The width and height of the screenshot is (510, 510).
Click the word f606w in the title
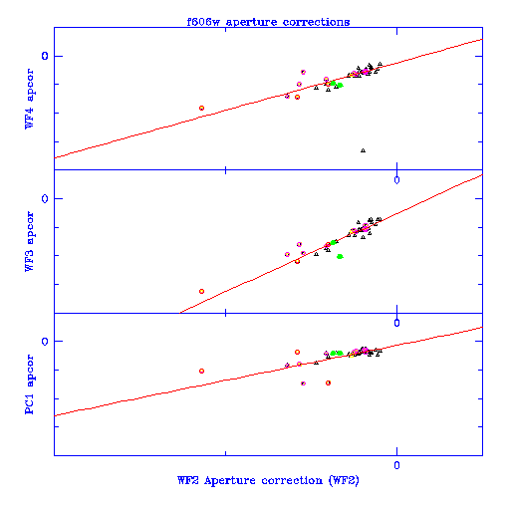pyautogui.click(x=203, y=22)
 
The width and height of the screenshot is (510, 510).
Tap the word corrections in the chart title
pyautogui.click(x=316, y=22)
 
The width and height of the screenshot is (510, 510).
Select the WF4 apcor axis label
pyautogui.click(x=29, y=99)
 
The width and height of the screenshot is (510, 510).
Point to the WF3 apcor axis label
pyautogui.click(x=29, y=241)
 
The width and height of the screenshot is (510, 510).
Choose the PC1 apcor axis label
pyautogui.click(x=29, y=384)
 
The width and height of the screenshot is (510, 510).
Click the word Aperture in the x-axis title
pyautogui.click(x=230, y=481)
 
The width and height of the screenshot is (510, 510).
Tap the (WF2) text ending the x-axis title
pyautogui.click(x=344, y=481)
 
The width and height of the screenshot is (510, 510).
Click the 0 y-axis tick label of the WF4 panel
pyautogui.click(x=45, y=56)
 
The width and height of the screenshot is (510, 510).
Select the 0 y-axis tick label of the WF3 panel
pyautogui.click(x=45, y=198)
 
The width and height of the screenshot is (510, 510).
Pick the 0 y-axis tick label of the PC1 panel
pyautogui.click(x=45, y=341)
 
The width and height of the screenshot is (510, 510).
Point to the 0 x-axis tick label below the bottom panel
pyautogui.click(x=396, y=465)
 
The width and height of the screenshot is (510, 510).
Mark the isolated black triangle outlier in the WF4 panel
pyautogui.click(x=363, y=150)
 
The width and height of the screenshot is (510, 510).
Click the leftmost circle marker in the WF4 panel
pyautogui.click(x=201, y=108)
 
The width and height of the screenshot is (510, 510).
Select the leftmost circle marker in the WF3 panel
pyautogui.click(x=201, y=291)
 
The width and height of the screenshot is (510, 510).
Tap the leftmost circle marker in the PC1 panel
pyautogui.click(x=201, y=371)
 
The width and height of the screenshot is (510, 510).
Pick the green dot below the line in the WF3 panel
pyautogui.click(x=340, y=256)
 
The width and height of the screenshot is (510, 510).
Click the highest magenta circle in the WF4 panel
pyautogui.click(x=303, y=72)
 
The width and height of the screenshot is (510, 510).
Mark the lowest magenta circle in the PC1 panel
pyautogui.click(x=303, y=383)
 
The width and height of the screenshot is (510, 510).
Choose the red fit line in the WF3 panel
pyautogui.click(x=331, y=243)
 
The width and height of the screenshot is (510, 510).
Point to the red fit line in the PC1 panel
pyautogui.click(x=268, y=372)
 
